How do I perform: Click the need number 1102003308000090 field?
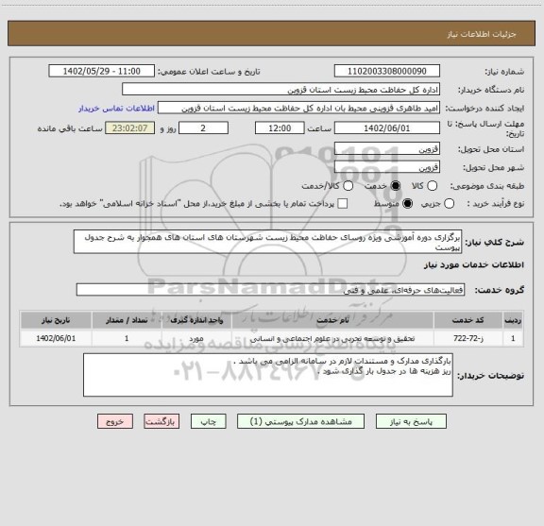click(386, 71)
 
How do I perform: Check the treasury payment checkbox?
click(343, 204)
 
